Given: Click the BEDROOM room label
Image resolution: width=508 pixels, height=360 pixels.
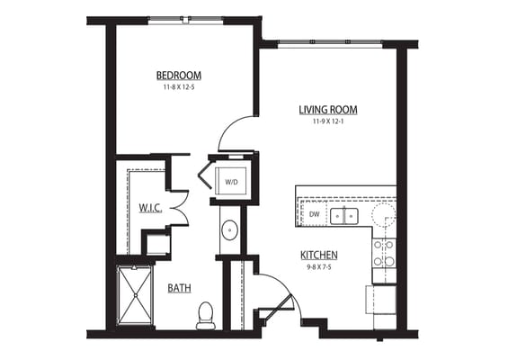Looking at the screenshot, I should (179, 75).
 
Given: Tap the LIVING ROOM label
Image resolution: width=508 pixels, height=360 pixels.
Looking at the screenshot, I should (328, 110).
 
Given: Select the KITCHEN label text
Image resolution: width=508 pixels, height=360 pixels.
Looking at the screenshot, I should (319, 255).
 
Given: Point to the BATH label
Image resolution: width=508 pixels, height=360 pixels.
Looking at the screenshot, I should (179, 288).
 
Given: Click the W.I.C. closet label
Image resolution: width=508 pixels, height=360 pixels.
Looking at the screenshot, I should (149, 208).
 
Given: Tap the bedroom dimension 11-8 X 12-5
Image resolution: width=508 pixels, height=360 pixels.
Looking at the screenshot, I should (179, 87).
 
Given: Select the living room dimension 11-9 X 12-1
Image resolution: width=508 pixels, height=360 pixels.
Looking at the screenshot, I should (328, 121).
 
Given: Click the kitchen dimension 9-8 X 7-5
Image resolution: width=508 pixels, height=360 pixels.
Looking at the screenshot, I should (319, 266).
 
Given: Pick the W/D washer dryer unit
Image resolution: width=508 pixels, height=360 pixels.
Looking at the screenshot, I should (232, 179).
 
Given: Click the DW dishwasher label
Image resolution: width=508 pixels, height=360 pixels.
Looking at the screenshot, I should (314, 214).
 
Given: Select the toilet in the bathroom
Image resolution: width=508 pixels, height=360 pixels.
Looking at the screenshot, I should (204, 314).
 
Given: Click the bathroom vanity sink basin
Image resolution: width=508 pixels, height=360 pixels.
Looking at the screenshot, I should (229, 229).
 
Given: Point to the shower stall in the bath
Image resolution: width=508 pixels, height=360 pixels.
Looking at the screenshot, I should (135, 295).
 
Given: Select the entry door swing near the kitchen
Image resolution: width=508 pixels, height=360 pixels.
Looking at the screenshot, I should (274, 292).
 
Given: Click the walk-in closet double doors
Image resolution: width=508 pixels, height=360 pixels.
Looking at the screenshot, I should (179, 208).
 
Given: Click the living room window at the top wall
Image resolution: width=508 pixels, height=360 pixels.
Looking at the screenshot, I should (328, 42).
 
